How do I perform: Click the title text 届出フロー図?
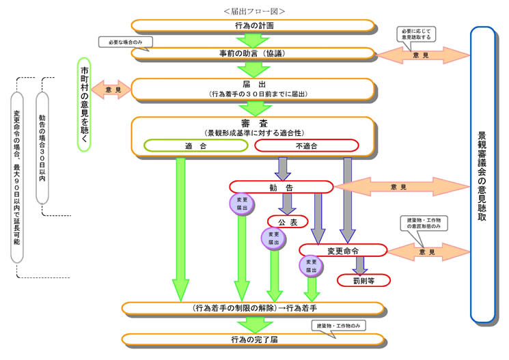[x=253, y=11]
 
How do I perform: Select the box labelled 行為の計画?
[x=253, y=26]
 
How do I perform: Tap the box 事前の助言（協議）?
[x=253, y=53]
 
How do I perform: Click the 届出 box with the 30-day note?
[x=253, y=89]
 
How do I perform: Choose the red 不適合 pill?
[x=306, y=146]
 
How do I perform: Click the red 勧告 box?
[x=281, y=186]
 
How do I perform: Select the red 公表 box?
[x=287, y=222]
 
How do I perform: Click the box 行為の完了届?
[x=253, y=340]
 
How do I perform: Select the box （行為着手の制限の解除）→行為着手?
[x=253, y=308]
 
